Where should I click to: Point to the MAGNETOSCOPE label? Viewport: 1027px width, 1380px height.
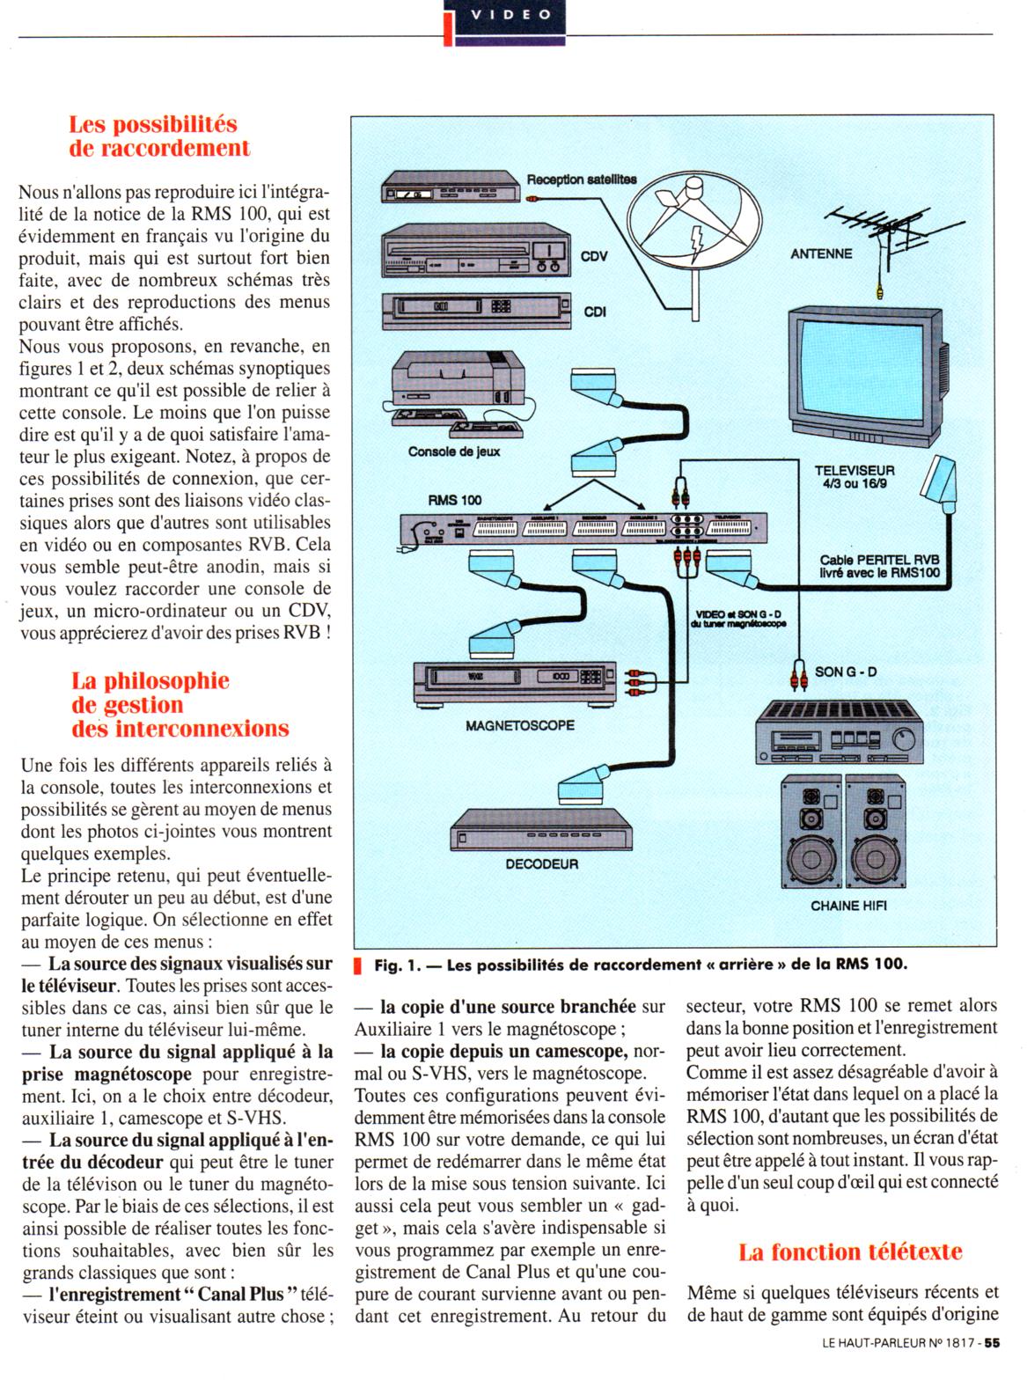click(x=520, y=725)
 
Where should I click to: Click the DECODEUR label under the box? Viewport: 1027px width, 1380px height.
click(x=541, y=864)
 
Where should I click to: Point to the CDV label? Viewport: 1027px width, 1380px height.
click(x=595, y=257)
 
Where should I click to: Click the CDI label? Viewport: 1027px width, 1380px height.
click(x=595, y=312)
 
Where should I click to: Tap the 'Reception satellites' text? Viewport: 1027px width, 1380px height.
click(x=581, y=180)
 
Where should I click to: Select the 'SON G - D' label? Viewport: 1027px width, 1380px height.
click(x=846, y=672)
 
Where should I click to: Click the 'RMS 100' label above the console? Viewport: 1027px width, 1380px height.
click(x=455, y=500)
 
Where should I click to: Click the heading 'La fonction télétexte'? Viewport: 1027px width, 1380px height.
click(x=850, y=1252)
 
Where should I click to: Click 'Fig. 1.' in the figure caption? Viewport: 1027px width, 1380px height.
click(x=396, y=965)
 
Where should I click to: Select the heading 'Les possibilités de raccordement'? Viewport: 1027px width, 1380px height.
click(x=158, y=136)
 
